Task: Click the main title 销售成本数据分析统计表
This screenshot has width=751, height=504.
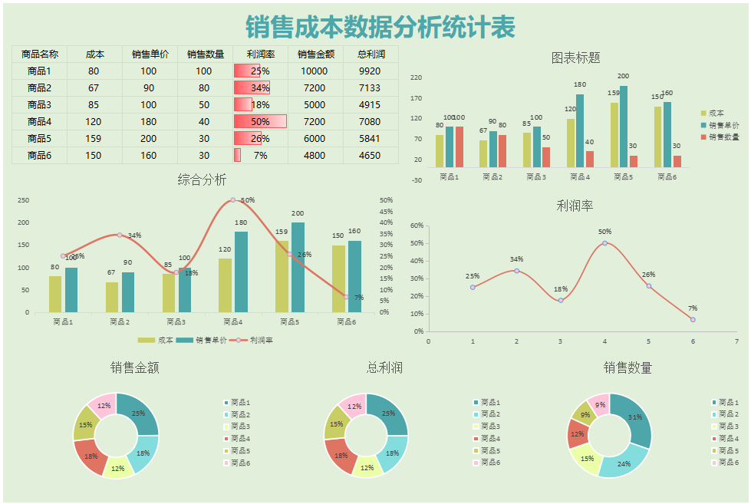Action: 380,27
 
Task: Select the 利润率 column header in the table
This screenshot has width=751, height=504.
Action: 260,54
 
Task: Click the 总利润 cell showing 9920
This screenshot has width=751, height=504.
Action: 370,71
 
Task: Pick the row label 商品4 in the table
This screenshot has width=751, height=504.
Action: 39,122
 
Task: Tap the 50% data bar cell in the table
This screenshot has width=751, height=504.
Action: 260,122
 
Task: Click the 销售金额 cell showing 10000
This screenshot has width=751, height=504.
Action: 315,71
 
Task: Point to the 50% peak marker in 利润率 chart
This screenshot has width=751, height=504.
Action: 604,243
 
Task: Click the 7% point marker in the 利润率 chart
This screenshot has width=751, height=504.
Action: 693,319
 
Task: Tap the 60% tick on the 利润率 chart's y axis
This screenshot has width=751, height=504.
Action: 417,226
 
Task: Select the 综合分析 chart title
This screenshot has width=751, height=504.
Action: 202,180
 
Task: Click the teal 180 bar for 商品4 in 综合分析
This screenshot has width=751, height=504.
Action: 241,272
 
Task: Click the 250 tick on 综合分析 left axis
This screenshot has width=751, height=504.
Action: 23,200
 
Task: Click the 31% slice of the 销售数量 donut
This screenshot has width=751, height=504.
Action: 633,419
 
